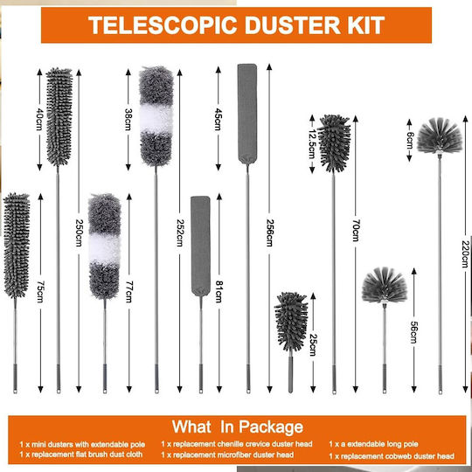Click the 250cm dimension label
pos(79,233)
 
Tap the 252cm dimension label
pos(180,233)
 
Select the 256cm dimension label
pos(270,233)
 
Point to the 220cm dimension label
pos(465,254)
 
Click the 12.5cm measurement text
pos(312,144)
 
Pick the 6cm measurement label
pos(409,140)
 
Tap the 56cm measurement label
pos(414,332)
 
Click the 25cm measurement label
pos(313,345)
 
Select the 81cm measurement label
pos(219,291)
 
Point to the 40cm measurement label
pos(39,119)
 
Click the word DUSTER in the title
pos(292,25)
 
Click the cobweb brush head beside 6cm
pos(440,136)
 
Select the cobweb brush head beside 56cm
pos(385,285)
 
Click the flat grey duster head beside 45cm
pos(247,114)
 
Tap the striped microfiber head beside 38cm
pos(156,116)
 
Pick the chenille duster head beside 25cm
pos(291,322)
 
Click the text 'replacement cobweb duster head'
pos(398,456)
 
